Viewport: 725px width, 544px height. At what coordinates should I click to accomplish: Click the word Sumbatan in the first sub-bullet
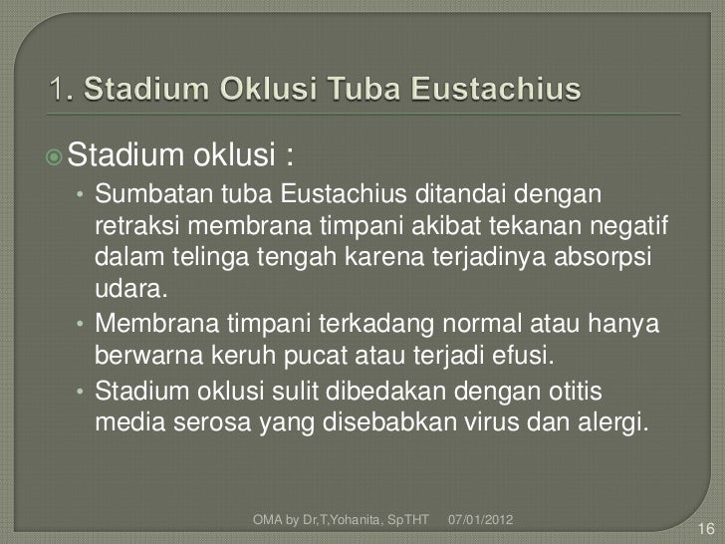pyautogui.click(x=141, y=191)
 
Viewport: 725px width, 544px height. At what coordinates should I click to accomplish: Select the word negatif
pyautogui.click(x=624, y=219)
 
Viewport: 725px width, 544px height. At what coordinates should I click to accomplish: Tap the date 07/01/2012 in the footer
pyautogui.click(x=481, y=520)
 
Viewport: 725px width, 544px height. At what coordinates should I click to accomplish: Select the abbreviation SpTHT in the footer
pyautogui.click(x=406, y=520)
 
